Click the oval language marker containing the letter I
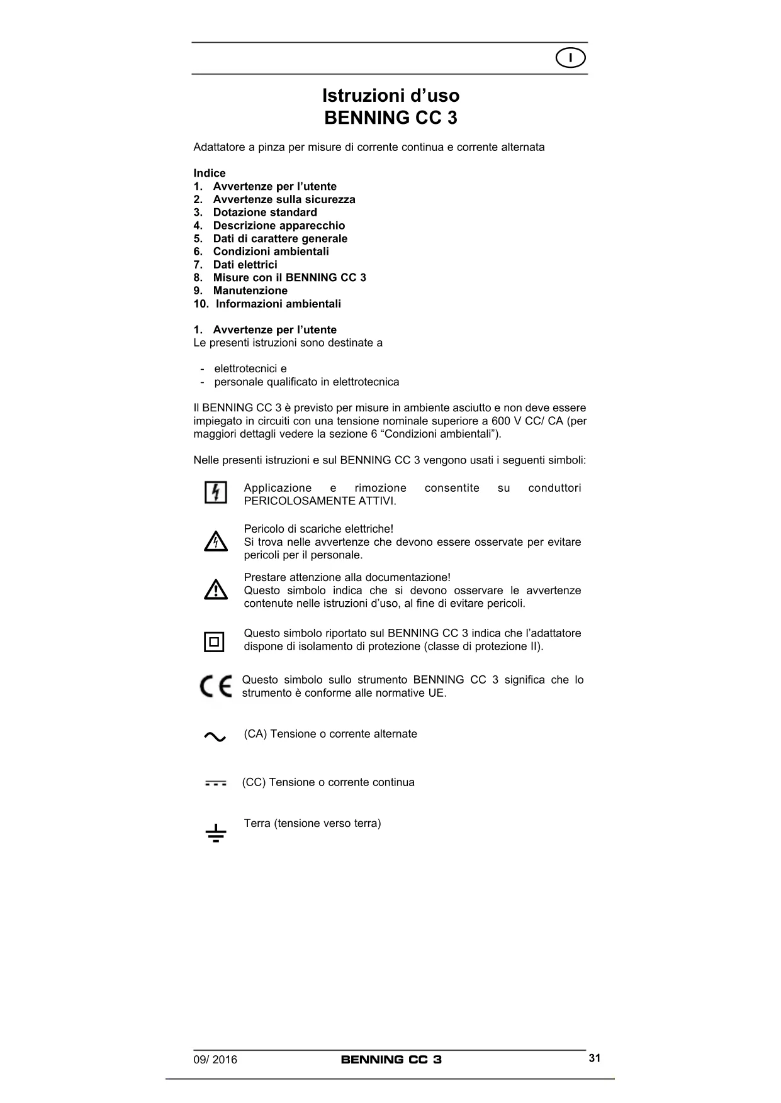(571, 58)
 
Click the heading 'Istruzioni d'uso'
(391, 96)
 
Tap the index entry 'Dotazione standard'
(265, 213)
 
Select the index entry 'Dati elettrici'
(245, 265)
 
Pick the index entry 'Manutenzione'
(250, 291)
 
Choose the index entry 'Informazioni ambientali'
(278, 304)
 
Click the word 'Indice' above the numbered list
(210, 173)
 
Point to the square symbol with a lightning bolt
(216, 492)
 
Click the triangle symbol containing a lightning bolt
(216, 541)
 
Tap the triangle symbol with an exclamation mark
(216, 590)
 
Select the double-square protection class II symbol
(214, 642)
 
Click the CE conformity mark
(216, 686)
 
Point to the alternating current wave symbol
(215, 736)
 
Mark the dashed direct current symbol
(215, 784)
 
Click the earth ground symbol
(215, 833)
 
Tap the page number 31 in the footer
(595, 1058)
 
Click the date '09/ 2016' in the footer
(215, 1060)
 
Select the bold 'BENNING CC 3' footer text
(391, 1060)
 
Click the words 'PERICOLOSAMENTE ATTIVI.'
(320, 501)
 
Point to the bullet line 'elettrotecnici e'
(250, 369)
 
